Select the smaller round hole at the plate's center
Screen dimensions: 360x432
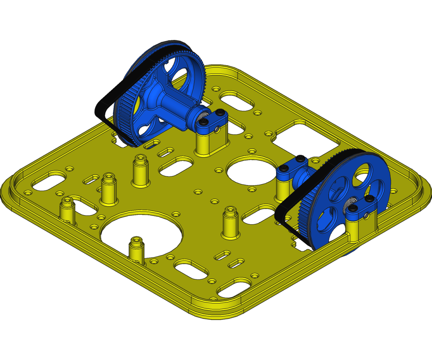250,171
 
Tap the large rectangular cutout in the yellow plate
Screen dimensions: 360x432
306,139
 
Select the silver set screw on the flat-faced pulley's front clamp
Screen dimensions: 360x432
366,215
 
